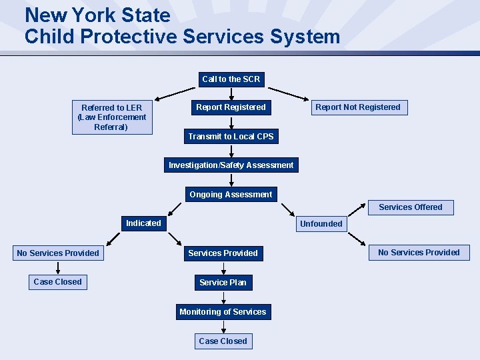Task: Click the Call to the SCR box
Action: [231, 79]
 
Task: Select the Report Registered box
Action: [231, 107]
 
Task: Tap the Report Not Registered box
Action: [358, 107]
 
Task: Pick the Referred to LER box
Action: [112, 117]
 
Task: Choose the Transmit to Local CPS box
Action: [231, 137]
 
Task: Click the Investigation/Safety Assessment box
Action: [231, 165]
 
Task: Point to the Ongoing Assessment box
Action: [231, 195]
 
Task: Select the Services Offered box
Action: [411, 207]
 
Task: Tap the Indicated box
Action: [143, 223]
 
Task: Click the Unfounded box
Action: [321, 224]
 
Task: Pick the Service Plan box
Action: [223, 283]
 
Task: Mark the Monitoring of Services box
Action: [223, 312]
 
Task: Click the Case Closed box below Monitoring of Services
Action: [223, 341]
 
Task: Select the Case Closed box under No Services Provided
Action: [58, 282]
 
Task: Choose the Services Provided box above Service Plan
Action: [223, 253]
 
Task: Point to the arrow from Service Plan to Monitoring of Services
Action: [223, 297]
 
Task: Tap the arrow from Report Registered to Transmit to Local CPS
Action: [231, 122]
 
